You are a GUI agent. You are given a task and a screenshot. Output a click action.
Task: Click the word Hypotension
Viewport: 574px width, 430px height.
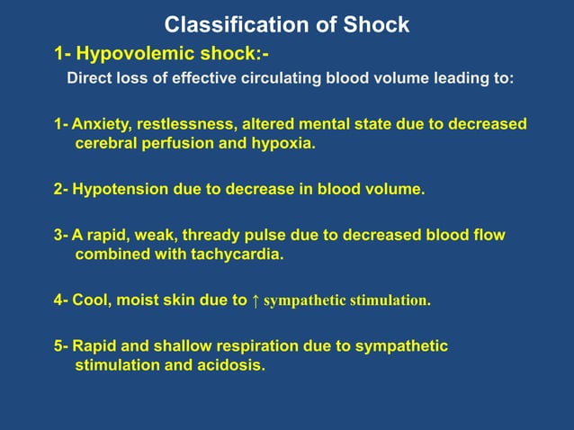[121, 190]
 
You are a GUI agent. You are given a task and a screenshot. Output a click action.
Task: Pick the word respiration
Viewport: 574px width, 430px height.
[247, 345]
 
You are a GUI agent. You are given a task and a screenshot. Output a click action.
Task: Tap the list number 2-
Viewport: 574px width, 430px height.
[61, 190]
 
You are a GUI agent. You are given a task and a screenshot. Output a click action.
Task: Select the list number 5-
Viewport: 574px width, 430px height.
[61, 345]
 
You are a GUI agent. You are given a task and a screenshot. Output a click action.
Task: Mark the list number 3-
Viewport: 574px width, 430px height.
[61, 235]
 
